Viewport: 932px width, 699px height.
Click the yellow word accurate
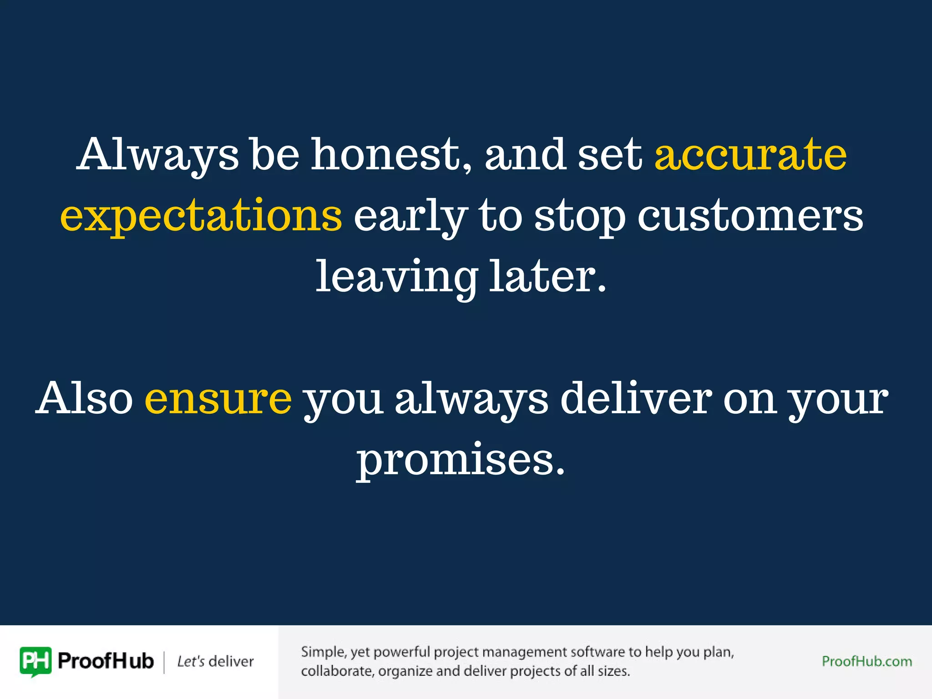750,155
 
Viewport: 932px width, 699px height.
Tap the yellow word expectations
201,216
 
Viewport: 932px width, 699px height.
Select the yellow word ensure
218,398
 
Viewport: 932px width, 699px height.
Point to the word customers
750,216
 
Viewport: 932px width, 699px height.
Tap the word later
547,276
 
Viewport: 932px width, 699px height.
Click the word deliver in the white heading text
636,398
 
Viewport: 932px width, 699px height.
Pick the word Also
84,398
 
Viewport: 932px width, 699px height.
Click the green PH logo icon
35,661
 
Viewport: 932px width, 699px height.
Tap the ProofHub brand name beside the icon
106,661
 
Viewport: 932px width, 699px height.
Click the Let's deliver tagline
215,661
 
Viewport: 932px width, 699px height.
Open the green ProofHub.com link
866,661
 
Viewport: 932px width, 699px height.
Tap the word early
410,217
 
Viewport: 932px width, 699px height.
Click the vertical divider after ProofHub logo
164,662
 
